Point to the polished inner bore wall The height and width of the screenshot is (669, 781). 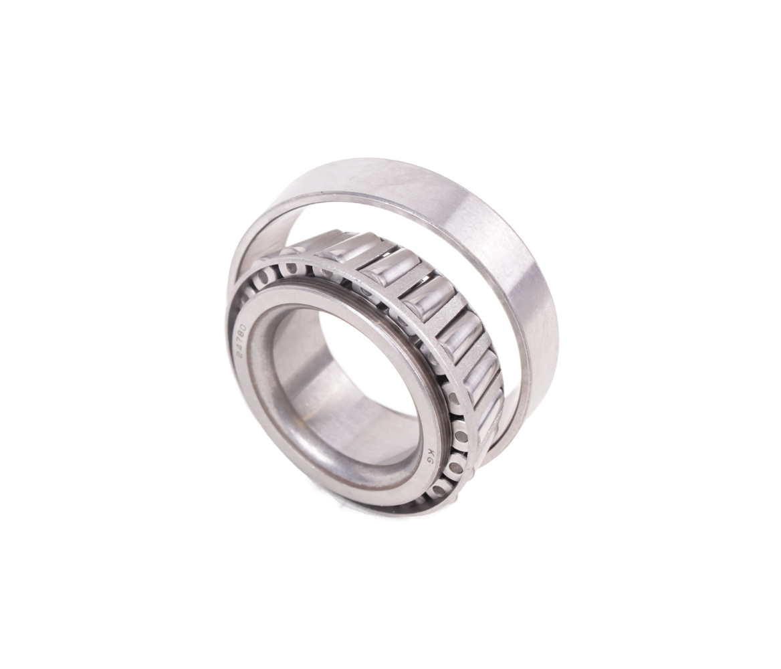pyautogui.click(x=301, y=395)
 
